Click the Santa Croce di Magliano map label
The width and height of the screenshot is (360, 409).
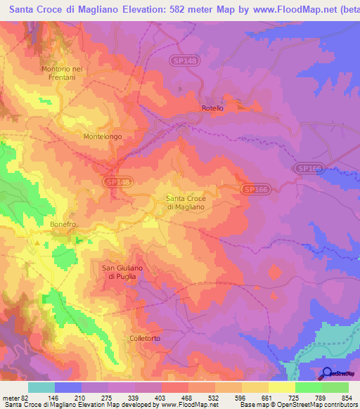tap(185, 202)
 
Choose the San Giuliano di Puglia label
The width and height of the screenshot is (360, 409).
tap(123, 271)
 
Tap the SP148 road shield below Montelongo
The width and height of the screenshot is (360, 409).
tap(117, 181)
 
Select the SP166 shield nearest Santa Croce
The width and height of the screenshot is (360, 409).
tap(255, 190)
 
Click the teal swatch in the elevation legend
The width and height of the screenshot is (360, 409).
tap(41, 387)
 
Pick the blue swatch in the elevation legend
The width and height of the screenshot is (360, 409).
tap(68, 387)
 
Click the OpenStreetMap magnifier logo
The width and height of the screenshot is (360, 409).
tap(327, 373)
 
